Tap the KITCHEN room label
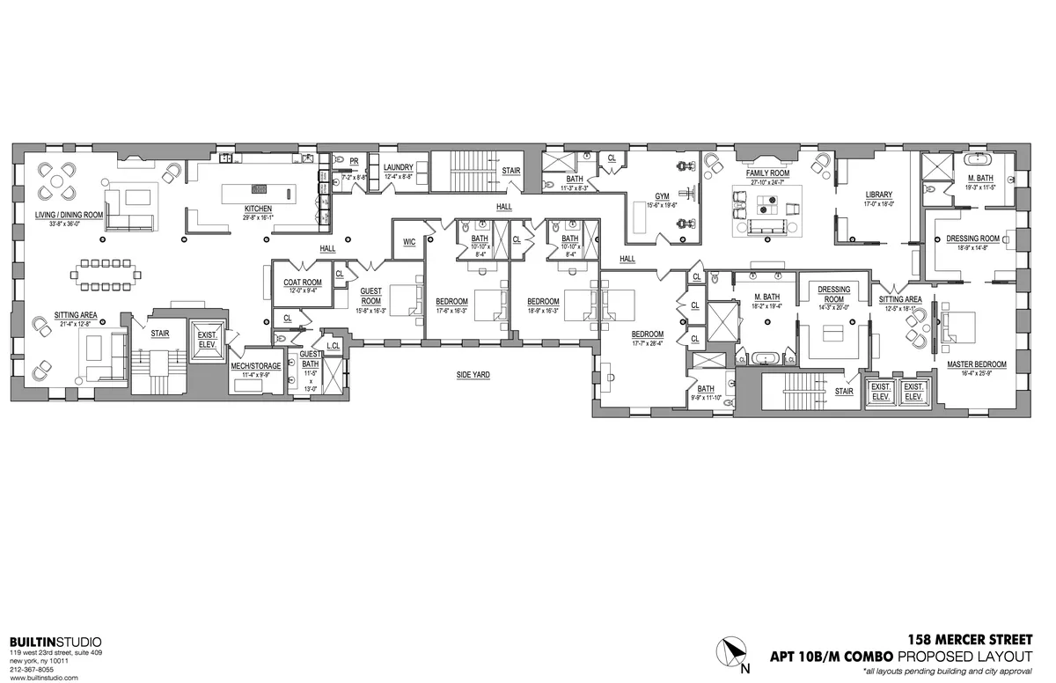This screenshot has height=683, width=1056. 257,209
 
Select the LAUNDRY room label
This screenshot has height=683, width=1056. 398,166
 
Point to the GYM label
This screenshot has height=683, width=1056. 663,196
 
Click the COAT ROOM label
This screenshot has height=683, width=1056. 302,283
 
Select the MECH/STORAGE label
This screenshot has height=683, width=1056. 255,365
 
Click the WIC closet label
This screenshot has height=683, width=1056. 409,241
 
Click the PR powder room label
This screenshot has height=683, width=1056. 353,161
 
